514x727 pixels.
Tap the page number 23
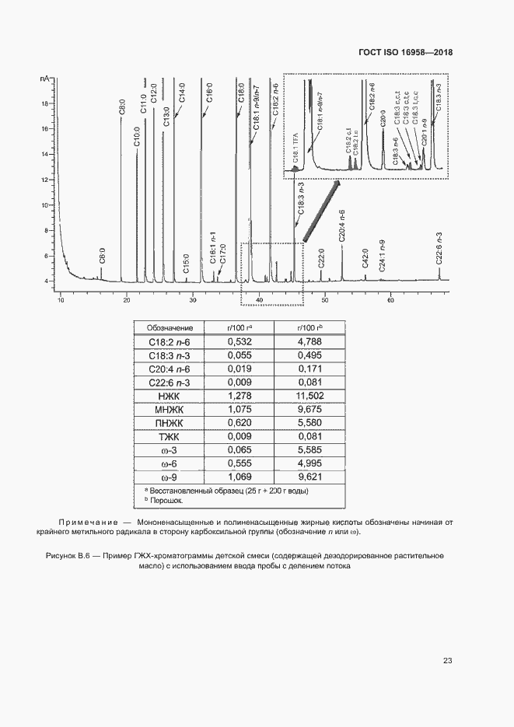point(447,661)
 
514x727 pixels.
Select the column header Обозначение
point(170,328)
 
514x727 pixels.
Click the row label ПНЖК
point(170,423)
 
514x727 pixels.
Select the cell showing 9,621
point(309,477)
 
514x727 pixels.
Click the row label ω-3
point(170,449)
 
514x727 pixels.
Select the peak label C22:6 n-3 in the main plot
point(439,250)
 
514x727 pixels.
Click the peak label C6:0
point(101,256)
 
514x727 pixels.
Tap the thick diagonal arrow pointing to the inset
point(320,212)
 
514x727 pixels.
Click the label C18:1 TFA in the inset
point(295,147)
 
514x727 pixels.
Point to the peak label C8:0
point(121,107)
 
